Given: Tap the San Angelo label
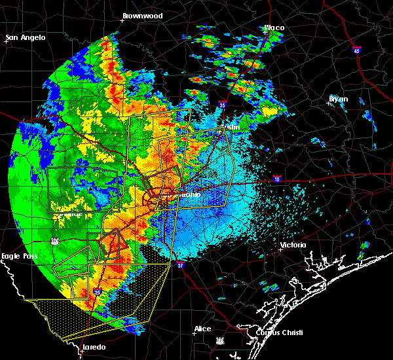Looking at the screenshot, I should (x=26, y=37).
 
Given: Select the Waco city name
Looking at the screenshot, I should (x=274, y=27).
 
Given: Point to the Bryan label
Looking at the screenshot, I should (x=339, y=99).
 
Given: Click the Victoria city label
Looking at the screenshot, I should (x=293, y=245).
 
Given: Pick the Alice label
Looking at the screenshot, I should (x=202, y=329).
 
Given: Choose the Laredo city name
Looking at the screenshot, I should (x=94, y=347).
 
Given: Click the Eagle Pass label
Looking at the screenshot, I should (x=20, y=257).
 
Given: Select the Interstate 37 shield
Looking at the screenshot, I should (x=180, y=265).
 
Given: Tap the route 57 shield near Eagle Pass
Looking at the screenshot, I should (x=54, y=240).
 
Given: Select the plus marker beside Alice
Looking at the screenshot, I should (x=194, y=333).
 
